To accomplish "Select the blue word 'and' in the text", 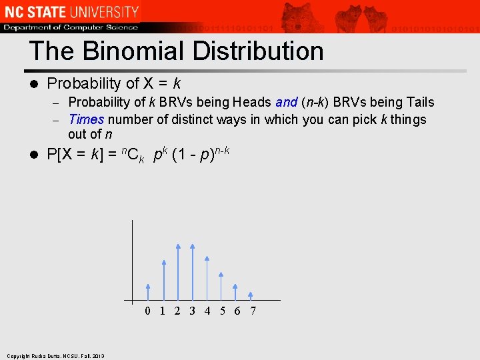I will coord(286,102).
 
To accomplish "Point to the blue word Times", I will coord(86,119).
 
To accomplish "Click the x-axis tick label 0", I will coord(148,311).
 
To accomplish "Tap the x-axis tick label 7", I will coord(253,311).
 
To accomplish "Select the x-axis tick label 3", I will coord(192,311).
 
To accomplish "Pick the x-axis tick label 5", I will coord(223,311).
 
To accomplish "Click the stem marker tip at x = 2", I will coord(178,247).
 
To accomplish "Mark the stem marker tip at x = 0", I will coord(148,287).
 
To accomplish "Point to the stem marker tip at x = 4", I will coord(207,258).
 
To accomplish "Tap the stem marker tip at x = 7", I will coord(251,294).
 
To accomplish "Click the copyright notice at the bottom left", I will coord(56,356).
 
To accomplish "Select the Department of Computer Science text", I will coord(71,27).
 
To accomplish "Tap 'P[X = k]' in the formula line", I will coord(76,155).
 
